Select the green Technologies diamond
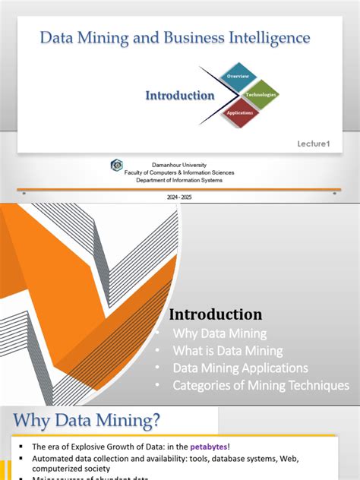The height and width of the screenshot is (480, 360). point(260,95)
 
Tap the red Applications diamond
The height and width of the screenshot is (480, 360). point(238,112)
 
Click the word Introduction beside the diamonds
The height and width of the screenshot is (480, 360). point(180,96)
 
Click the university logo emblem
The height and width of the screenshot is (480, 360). point(116,165)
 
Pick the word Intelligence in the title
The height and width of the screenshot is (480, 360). point(273,36)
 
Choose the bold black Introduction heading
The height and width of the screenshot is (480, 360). point(216,314)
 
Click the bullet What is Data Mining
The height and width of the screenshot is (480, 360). point(228,351)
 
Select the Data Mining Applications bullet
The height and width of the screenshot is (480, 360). point(240,368)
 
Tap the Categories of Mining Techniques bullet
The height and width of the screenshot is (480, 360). point(261,386)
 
